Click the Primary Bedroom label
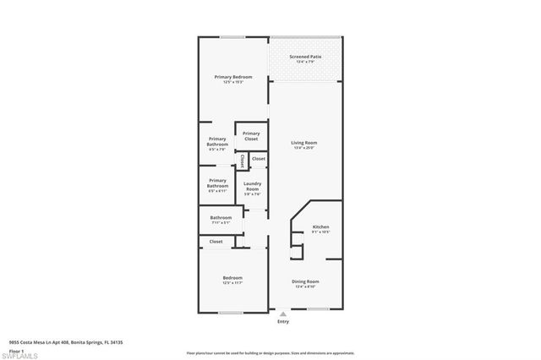tap(233, 76)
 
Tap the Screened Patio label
tap(306, 57)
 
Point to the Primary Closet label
tap(251, 135)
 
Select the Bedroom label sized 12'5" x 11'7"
tap(232, 278)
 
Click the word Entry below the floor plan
tap(282, 321)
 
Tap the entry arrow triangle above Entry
tap(282, 314)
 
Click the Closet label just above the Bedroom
tap(216, 241)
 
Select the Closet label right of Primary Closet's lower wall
tap(259, 158)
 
